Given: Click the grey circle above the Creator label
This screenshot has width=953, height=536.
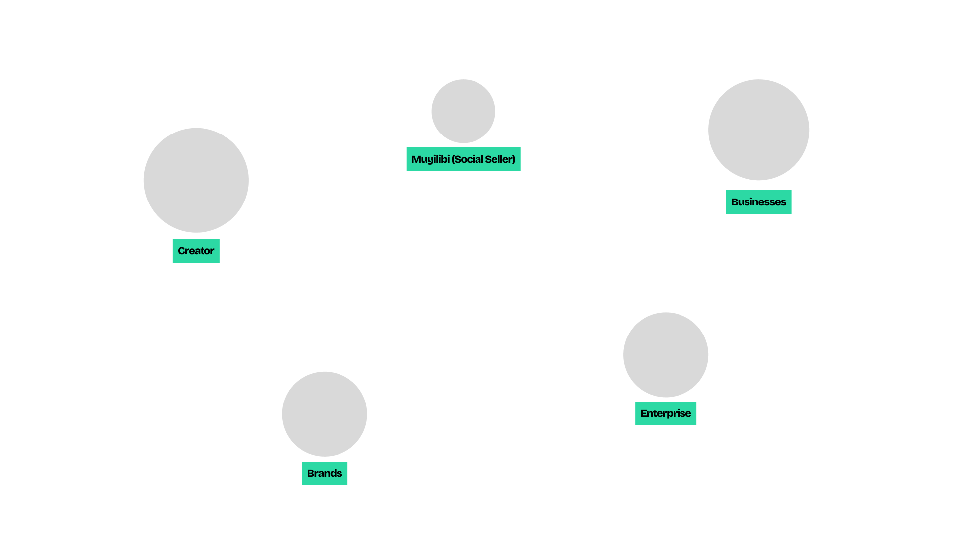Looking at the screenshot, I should click(x=196, y=180).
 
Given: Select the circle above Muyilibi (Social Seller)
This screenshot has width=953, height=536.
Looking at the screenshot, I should click(x=463, y=111).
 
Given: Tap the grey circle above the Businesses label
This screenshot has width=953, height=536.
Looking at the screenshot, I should click(x=758, y=130).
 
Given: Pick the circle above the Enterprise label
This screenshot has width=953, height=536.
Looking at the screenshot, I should click(x=666, y=354).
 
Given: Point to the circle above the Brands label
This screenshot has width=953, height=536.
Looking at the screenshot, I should click(x=325, y=414).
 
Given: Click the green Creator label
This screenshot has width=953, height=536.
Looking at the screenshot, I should click(x=196, y=251).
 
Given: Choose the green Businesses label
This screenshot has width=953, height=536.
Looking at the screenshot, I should click(x=758, y=202).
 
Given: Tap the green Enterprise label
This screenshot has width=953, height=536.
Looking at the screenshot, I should click(x=666, y=413).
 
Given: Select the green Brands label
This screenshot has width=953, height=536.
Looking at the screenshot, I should click(x=325, y=473).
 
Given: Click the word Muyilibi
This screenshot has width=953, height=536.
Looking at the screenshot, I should click(x=430, y=159).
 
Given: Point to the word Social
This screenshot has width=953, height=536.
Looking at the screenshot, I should click(x=469, y=159).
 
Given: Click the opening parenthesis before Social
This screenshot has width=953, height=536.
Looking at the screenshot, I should click(x=453, y=159).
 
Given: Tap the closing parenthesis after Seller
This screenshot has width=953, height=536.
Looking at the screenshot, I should click(x=514, y=159).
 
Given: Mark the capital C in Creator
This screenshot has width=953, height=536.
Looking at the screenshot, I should click(x=181, y=251).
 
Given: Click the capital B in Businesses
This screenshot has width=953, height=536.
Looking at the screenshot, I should click(x=735, y=202).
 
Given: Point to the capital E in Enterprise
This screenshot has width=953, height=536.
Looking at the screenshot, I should click(x=644, y=413).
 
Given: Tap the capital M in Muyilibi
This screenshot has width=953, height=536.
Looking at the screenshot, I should click(x=416, y=159).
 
